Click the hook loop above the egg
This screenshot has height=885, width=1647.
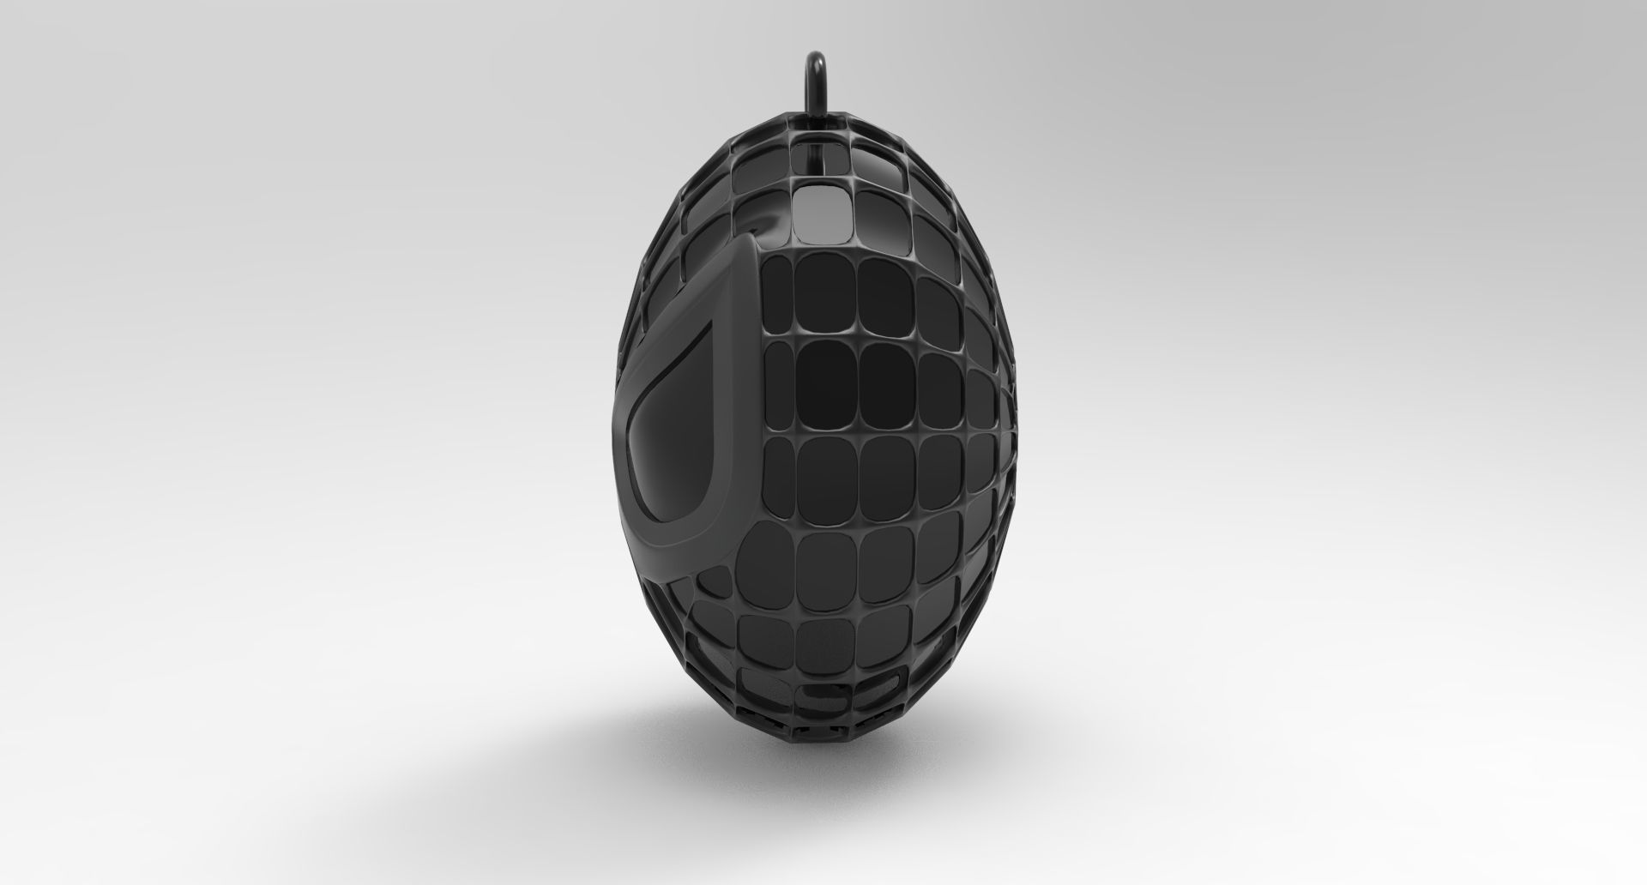pyautogui.click(x=813, y=86)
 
